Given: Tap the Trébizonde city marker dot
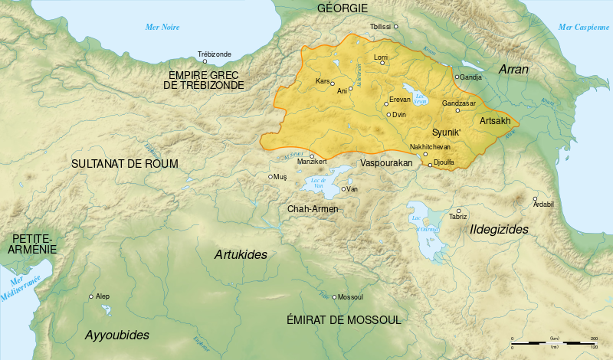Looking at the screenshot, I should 204,61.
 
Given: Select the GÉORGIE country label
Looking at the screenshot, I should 343,8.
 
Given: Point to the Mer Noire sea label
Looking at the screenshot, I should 162,28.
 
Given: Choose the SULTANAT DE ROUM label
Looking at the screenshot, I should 124,164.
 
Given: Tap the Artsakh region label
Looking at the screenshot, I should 494,121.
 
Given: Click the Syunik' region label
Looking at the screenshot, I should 447,131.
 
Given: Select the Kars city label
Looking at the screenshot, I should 322,80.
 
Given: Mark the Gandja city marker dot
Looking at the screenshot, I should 457,77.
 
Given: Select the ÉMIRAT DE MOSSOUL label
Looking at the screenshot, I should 343,319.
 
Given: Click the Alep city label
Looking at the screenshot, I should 103,296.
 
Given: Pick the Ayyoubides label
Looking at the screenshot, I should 116,335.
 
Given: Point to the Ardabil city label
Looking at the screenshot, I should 543,204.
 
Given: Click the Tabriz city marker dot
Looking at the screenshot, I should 458,211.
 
